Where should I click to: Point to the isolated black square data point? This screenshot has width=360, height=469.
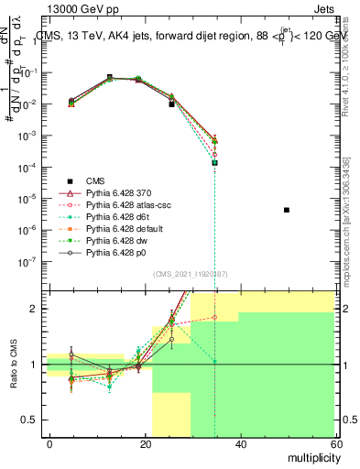pyautogui.click(x=287, y=211)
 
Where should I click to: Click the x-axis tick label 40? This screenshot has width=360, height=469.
pyautogui.click(x=241, y=443)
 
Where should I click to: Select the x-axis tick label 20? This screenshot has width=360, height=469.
pyautogui.click(x=146, y=443)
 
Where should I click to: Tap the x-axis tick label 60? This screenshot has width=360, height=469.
pyautogui.click(x=334, y=443)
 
